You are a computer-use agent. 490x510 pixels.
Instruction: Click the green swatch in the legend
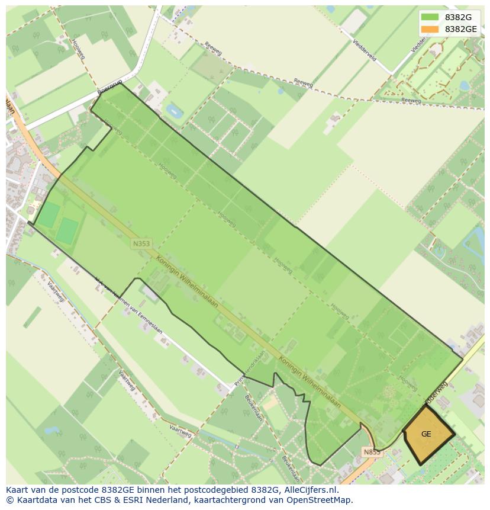[x=430, y=17]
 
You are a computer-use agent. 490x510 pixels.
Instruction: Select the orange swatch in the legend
[x=430, y=29]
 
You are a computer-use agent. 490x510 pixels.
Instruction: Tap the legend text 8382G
[x=458, y=17]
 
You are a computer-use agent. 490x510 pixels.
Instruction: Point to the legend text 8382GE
[x=461, y=29]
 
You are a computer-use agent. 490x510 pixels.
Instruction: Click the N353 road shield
[x=141, y=243]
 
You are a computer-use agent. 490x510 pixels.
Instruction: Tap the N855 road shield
[x=371, y=452]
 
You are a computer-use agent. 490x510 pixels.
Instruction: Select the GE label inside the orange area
[x=426, y=434]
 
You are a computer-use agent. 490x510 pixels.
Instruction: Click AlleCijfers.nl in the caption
[x=311, y=490]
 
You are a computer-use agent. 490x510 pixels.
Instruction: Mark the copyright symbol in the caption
[x=9, y=500]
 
